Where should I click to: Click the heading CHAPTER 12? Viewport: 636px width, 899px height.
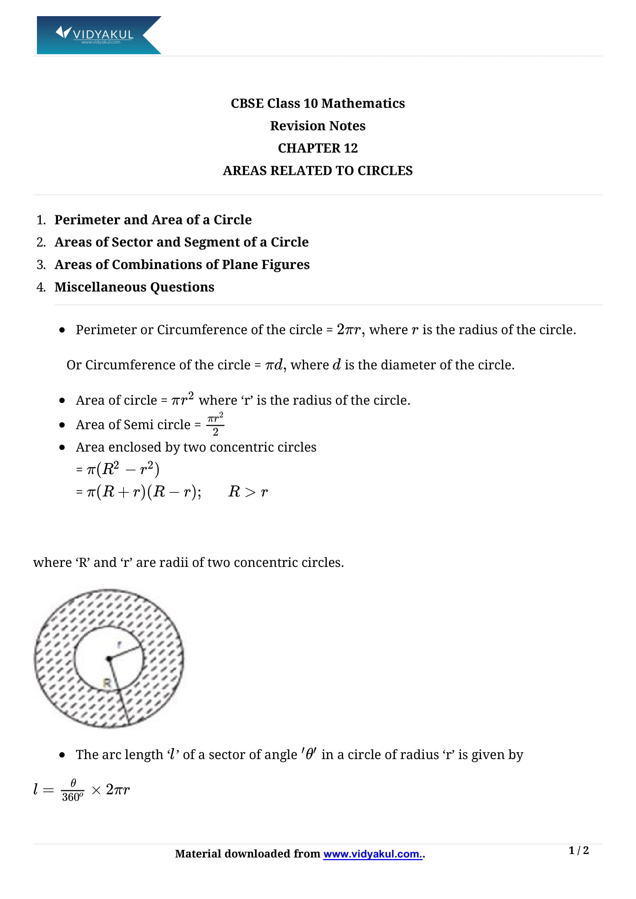[x=317, y=148]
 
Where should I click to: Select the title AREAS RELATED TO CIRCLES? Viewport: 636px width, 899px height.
[x=317, y=171]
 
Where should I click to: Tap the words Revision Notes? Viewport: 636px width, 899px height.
[x=317, y=126]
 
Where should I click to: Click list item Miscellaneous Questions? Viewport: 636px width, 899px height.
[x=134, y=287]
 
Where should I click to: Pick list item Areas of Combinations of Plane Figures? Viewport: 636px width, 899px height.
[x=182, y=265]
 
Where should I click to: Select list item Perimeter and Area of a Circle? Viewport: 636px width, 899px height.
[x=153, y=220]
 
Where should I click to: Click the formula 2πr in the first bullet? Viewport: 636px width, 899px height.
[x=348, y=330]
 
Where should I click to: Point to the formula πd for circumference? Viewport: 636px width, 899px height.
[x=274, y=365]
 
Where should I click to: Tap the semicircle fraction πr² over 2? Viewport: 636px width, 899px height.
[x=215, y=424]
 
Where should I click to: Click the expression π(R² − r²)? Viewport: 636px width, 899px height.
[x=123, y=469]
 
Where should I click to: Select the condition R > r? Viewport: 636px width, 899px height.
[x=248, y=492]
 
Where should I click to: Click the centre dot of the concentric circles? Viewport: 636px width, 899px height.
[x=109, y=659]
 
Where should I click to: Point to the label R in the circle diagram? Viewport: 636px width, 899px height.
[x=107, y=683]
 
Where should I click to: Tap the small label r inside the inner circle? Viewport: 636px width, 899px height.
[x=120, y=645]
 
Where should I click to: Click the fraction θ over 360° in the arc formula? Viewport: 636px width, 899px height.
[x=72, y=790]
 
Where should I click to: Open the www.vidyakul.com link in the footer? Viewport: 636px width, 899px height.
[x=372, y=854]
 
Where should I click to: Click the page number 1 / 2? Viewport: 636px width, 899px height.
[x=578, y=850]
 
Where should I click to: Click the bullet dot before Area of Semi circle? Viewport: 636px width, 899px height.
[x=62, y=425]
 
